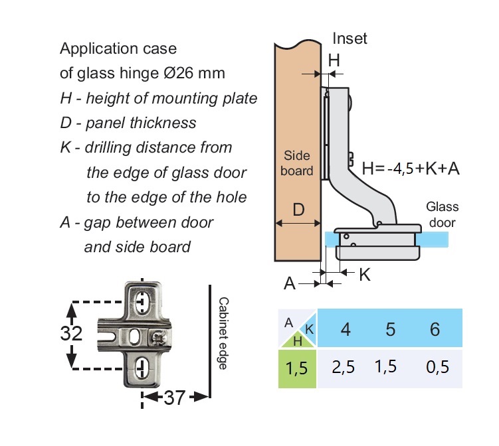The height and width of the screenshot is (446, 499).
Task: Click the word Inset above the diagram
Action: click(x=349, y=38)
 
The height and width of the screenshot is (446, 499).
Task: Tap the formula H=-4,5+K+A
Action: click(x=411, y=168)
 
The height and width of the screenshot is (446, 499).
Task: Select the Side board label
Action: click(x=298, y=163)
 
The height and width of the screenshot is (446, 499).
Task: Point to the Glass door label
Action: click(x=441, y=214)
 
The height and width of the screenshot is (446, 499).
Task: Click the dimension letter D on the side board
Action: click(x=298, y=210)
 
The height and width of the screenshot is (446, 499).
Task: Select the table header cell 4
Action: click(x=346, y=329)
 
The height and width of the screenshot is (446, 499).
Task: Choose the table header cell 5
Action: click(x=390, y=329)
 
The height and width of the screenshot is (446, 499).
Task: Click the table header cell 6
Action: click(x=435, y=329)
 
